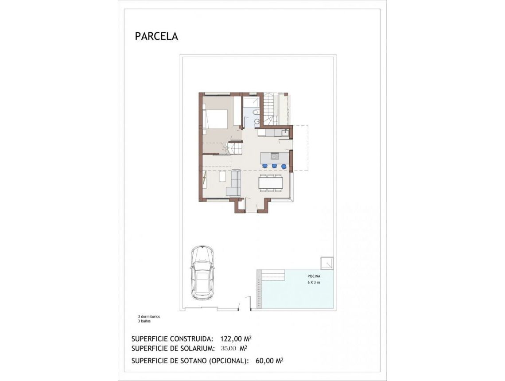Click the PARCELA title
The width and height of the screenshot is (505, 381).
pos(156,36)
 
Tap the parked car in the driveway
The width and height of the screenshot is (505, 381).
pos(202,272)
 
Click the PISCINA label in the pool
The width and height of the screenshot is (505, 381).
pos(314,276)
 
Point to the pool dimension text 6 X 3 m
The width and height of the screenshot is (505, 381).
pos(314,282)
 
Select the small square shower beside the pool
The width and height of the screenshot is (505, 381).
pos(327,263)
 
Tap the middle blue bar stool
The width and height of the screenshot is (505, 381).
pos(274,166)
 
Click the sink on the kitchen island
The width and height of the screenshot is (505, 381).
pos(275,156)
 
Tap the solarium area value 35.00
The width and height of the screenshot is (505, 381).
pos(229,348)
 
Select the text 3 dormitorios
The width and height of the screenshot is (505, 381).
pos(149,317)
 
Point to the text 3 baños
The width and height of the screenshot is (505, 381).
pos(144,321)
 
